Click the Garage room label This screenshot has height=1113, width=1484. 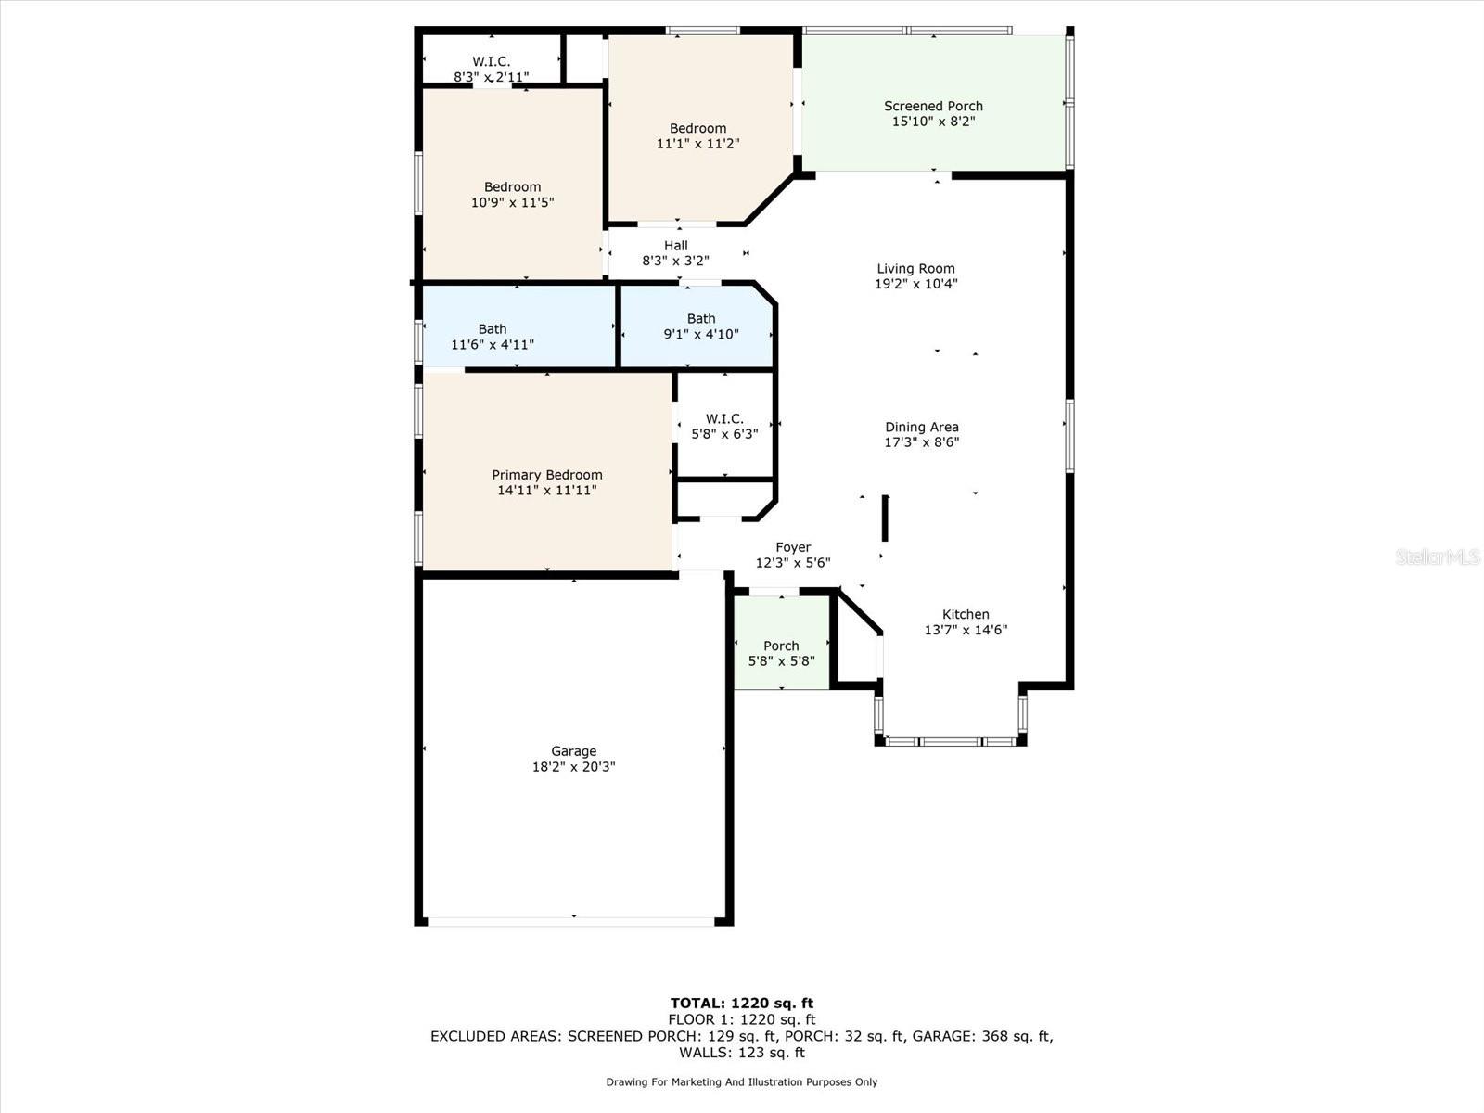pyautogui.click(x=573, y=751)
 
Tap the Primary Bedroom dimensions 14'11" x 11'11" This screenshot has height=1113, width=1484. pyautogui.click(x=546, y=490)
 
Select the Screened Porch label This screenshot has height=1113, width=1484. pyautogui.click(x=933, y=106)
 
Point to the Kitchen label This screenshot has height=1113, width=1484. pyautogui.click(x=966, y=614)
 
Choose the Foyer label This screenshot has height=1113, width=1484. pyautogui.click(x=793, y=547)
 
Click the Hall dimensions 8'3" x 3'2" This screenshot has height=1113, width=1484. pyautogui.click(x=675, y=262)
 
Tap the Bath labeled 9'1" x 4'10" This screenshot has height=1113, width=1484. pyautogui.click(x=700, y=326)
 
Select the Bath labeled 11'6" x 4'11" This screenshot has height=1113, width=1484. pyautogui.click(x=492, y=336)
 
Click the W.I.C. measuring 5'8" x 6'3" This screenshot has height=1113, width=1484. pyautogui.click(x=724, y=426)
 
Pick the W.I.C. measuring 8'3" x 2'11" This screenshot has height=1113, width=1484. pyautogui.click(x=491, y=69)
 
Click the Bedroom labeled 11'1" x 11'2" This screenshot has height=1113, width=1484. pyautogui.click(x=697, y=135)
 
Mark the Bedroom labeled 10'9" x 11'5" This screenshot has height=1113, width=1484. pyautogui.click(x=512, y=194)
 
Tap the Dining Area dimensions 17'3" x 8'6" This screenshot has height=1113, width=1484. pyautogui.click(x=921, y=442)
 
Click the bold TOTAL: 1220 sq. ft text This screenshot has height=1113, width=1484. pyautogui.click(x=741, y=1003)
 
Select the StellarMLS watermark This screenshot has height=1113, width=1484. pyautogui.click(x=1437, y=556)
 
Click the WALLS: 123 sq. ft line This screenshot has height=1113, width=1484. pyautogui.click(x=741, y=1053)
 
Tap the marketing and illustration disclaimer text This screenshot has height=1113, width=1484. pyautogui.click(x=741, y=1082)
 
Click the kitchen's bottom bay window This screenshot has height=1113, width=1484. pyautogui.click(x=950, y=741)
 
